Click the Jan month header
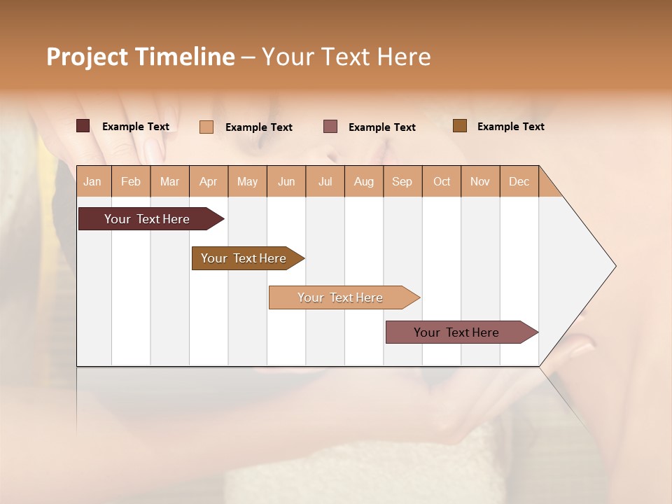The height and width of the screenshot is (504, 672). coord(92,181)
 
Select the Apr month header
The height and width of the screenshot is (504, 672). coord(208,181)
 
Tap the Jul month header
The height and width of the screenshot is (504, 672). coord(325,181)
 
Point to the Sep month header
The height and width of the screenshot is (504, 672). coord(402,181)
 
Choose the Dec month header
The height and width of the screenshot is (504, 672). coord(519,181)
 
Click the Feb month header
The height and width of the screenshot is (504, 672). coord(131,181)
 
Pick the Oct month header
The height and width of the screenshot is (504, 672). coord(442,181)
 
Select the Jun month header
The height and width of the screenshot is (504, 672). coord(286,181)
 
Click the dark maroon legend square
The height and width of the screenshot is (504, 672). coord(83,126)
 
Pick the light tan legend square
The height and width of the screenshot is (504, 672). coord(206,127)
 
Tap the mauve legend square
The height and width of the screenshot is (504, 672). coord(330,126)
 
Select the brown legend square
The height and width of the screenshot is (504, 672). coord(459,126)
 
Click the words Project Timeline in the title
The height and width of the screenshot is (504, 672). coord(141,57)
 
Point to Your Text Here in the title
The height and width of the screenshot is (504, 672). coord(346,57)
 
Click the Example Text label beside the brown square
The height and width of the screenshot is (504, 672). coord(510,127)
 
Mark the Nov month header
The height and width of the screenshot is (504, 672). coord(480,181)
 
